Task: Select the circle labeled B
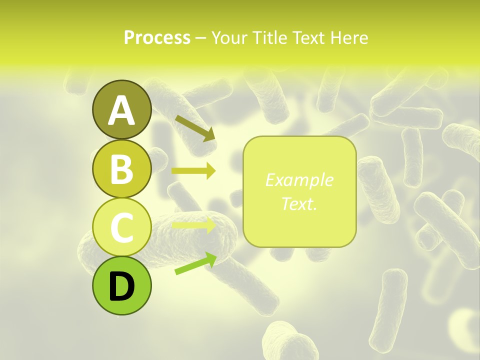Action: pyautogui.click(x=122, y=169)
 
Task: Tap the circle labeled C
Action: pyautogui.click(x=122, y=227)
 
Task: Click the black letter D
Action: pyautogui.click(x=122, y=286)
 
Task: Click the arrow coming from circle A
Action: pyautogui.click(x=194, y=128)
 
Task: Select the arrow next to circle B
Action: pyautogui.click(x=193, y=171)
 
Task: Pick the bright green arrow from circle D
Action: pyautogui.click(x=195, y=264)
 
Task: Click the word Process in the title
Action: pyautogui.click(x=157, y=37)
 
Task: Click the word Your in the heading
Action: pyautogui.click(x=227, y=37)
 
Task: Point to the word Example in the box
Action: pyautogui.click(x=299, y=180)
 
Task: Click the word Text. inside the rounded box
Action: pyautogui.click(x=299, y=203)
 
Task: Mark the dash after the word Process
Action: pyautogui.click(x=200, y=38)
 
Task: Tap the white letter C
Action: pyautogui.click(x=122, y=227)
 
